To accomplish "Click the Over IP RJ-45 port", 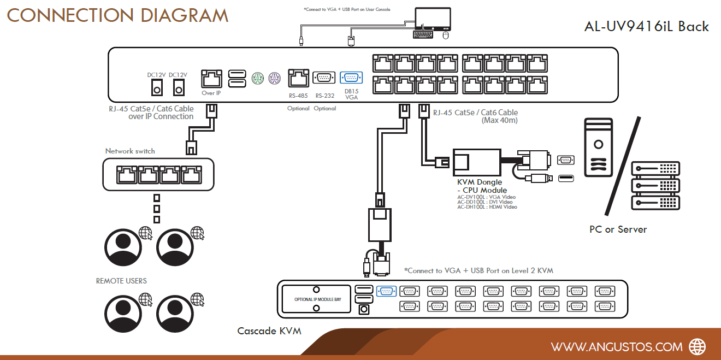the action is pyautogui.click(x=211, y=79).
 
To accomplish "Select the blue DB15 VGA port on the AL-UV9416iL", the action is pyautogui.click(x=351, y=78).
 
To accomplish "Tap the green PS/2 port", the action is pyautogui.click(x=257, y=78).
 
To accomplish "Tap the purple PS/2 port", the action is pyautogui.click(x=275, y=78).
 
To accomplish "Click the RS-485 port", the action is pyautogui.click(x=298, y=78).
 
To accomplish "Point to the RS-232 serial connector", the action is pyautogui.click(x=324, y=78).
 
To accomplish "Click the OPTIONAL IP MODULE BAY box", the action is pyautogui.click(x=316, y=299).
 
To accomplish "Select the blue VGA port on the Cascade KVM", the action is pyautogui.click(x=386, y=291).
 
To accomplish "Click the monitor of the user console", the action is pyautogui.click(x=433, y=19).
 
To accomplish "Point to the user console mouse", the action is pyautogui.click(x=446, y=35).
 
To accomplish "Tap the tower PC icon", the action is pyautogui.click(x=598, y=147).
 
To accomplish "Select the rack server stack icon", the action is pyautogui.click(x=655, y=186).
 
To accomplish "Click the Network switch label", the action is pyautogui.click(x=130, y=151).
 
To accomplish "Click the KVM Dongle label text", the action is pyautogui.click(x=480, y=182).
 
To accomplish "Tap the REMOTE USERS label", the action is pyautogui.click(x=121, y=281).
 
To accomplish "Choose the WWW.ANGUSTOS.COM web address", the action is pyautogui.click(x=617, y=347).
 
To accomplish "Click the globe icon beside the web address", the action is pyautogui.click(x=697, y=347).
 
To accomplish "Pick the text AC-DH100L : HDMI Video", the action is pyautogui.click(x=487, y=207).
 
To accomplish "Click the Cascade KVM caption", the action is pyautogui.click(x=269, y=331).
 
